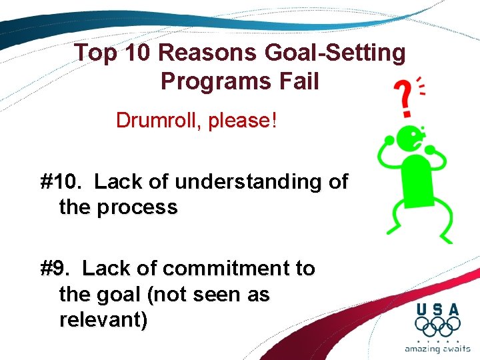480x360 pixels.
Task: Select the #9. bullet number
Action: pos(57,269)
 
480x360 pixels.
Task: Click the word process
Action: pos(137,207)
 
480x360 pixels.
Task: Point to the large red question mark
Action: pos(402,99)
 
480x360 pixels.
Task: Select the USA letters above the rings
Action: pos(437,309)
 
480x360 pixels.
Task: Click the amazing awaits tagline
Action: pos(437,349)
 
